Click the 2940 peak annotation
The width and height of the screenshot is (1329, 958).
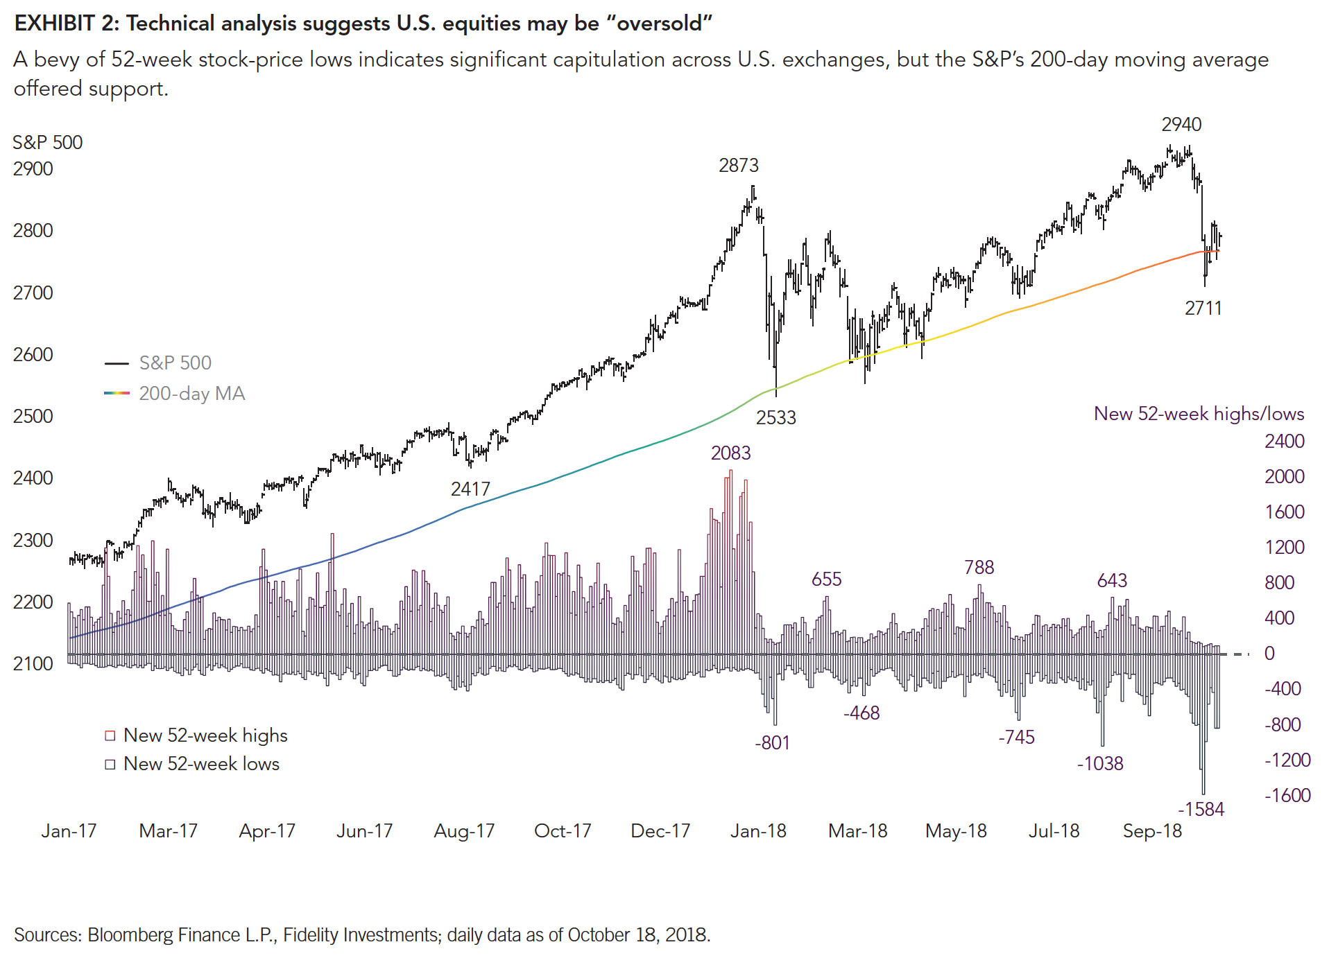pos(1181,125)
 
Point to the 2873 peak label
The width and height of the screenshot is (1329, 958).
pos(738,166)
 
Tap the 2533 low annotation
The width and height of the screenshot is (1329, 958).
pos(775,418)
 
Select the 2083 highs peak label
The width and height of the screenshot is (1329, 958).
pos(730,453)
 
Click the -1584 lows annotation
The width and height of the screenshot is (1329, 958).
pos(1201,810)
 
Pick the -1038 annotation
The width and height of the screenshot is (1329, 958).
pos(1099,764)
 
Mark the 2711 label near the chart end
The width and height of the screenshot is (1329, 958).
pos(1203,308)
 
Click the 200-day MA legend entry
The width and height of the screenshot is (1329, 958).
pos(191,394)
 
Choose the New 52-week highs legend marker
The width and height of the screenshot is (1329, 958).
pos(110,735)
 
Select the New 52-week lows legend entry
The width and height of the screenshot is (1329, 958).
pos(201,764)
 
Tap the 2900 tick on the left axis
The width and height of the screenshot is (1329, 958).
pos(33,169)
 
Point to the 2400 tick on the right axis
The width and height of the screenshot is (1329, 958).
pos(1284,442)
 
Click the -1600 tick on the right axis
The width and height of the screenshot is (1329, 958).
pos(1287,796)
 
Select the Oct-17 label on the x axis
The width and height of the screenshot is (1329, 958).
pos(562,831)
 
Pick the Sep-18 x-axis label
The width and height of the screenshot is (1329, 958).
pos(1151,831)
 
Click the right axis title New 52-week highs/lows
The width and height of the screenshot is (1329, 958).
pos(1198,414)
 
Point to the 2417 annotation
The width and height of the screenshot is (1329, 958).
pos(470,489)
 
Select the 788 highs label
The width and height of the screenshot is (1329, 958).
pos(978,568)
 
